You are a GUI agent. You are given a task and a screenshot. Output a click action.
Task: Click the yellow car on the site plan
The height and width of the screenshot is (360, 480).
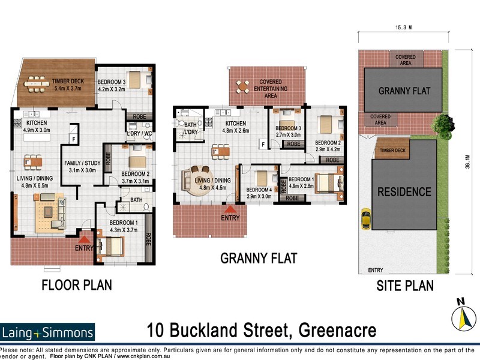[x=365, y=220]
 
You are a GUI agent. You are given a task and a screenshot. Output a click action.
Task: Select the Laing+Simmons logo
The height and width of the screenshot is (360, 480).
[x=47, y=332]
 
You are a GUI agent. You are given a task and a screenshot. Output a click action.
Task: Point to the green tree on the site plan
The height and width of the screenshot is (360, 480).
[x=443, y=124]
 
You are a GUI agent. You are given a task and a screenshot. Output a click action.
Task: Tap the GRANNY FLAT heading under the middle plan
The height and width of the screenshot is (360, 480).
[x=259, y=259]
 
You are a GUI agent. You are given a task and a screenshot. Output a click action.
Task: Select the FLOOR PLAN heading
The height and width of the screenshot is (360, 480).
[x=76, y=284]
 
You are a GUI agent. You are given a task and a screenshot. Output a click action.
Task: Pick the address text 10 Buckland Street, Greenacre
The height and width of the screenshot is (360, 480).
[x=262, y=330]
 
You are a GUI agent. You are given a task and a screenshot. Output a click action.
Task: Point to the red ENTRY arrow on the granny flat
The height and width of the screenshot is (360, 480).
[x=229, y=209]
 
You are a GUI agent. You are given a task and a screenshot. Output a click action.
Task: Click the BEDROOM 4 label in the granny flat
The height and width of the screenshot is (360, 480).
[x=259, y=193]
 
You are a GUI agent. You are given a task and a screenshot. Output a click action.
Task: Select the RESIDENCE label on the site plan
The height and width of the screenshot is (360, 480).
[x=404, y=192]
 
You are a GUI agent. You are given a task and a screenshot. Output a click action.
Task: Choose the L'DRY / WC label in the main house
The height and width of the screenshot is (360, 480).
[x=137, y=134]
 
